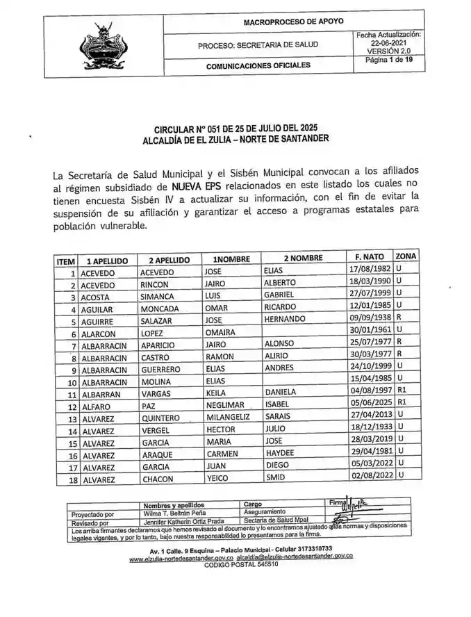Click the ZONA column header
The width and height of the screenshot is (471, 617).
coord(406,256)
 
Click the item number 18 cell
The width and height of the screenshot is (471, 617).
coord(72,480)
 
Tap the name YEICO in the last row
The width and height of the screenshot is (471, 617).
coord(219,479)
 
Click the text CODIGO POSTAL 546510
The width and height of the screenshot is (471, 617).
coord(240,565)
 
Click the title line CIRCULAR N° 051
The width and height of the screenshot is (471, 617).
coord(235,129)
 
